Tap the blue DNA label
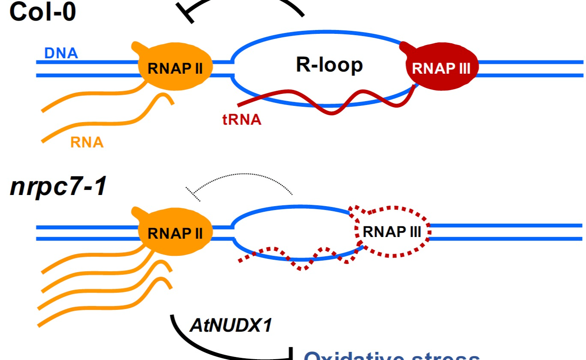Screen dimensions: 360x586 pyautogui.click(x=61, y=53)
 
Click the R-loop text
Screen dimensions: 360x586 pyautogui.click(x=329, y=65)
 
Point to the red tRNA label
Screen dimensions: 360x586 pyautogui.click(x=242, y=120)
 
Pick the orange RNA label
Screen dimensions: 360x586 pyautogui.click(x=87, y=142)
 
